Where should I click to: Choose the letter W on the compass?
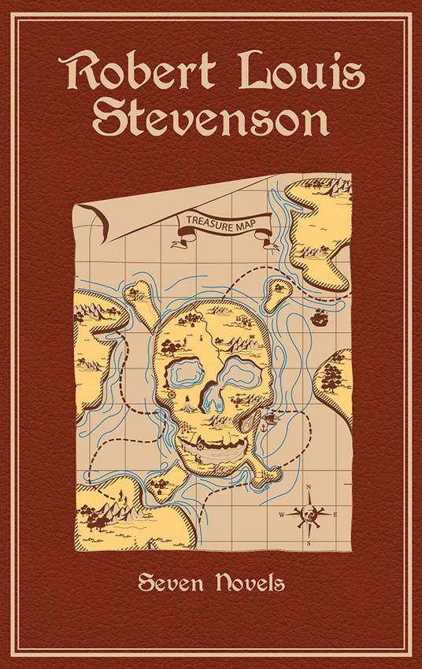click(281, 516)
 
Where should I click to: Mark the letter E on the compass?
click(335, 516)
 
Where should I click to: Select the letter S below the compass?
click(309, 544)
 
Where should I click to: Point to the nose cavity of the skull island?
click(211, 397)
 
